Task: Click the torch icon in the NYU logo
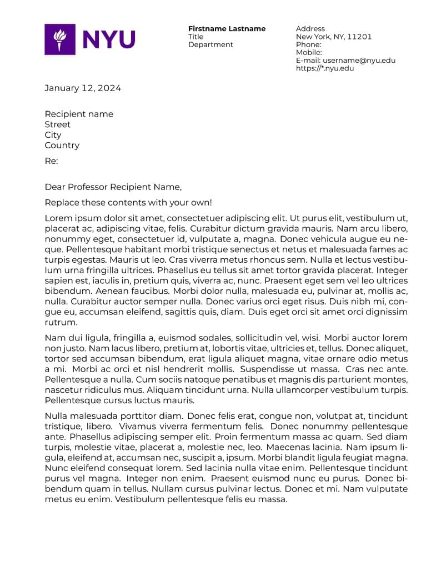point(59,39)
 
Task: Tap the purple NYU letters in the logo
point(109,39)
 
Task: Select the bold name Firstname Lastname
point(227,29)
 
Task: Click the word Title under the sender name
point(196,37)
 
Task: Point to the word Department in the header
point(211,44)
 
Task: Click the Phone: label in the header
point(308,44)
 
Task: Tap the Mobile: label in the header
point(309,52)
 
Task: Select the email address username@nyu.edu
point(359,61)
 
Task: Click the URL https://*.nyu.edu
point(324,68)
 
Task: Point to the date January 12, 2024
point(83,88)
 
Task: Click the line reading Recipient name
point(79,114)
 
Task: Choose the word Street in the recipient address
point(58,124)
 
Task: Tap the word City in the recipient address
point(53,135)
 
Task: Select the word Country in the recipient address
point(62,146)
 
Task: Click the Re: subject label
point(51,161)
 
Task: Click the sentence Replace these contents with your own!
point(128,203)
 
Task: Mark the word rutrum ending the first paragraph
point(61,322)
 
